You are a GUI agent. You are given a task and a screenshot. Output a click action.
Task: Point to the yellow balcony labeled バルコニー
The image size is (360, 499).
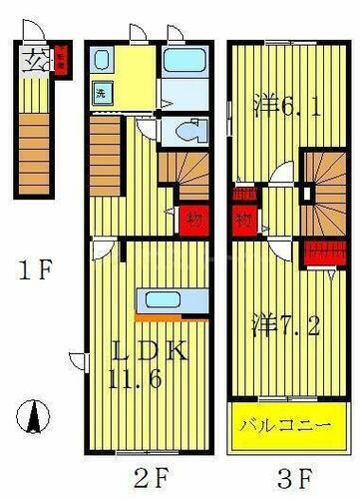[282, 425]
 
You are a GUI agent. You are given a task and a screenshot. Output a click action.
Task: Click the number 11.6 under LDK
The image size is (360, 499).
[149, 377]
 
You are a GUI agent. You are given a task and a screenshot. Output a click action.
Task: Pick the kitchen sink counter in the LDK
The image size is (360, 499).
[160, 301]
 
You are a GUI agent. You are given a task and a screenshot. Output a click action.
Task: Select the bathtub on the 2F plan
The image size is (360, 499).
[183, 64]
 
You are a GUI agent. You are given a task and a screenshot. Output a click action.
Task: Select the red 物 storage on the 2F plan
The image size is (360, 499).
[191, 215]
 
